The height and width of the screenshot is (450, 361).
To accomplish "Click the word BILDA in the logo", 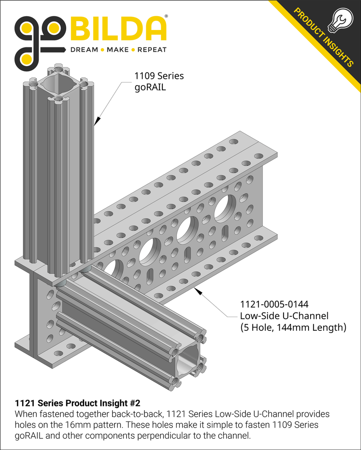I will pos(119,30).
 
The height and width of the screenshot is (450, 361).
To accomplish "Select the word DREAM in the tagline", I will pos(84,50).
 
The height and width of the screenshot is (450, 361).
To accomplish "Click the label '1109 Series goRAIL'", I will pos(158,82).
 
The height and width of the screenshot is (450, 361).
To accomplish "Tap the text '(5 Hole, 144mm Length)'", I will pos(293,327).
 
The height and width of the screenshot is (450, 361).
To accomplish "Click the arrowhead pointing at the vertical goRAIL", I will pos(96,121).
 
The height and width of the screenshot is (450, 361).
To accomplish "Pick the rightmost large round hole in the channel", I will pos(225,207).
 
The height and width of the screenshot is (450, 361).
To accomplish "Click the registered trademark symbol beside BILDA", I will pos(167,16).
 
